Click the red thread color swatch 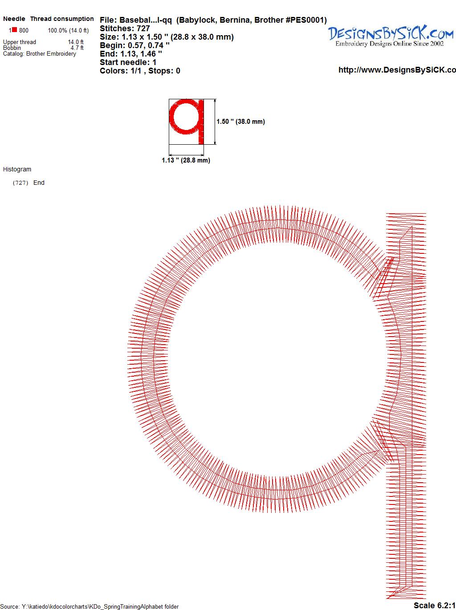point(14,30)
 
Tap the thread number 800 point(24,30)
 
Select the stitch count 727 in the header point(143,28)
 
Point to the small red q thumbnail point(187,122)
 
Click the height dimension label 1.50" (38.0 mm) point(240,122)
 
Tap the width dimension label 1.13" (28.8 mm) point(186,160)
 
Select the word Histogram point(17,169)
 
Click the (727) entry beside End point(20,183)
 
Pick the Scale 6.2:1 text point(435,605)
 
